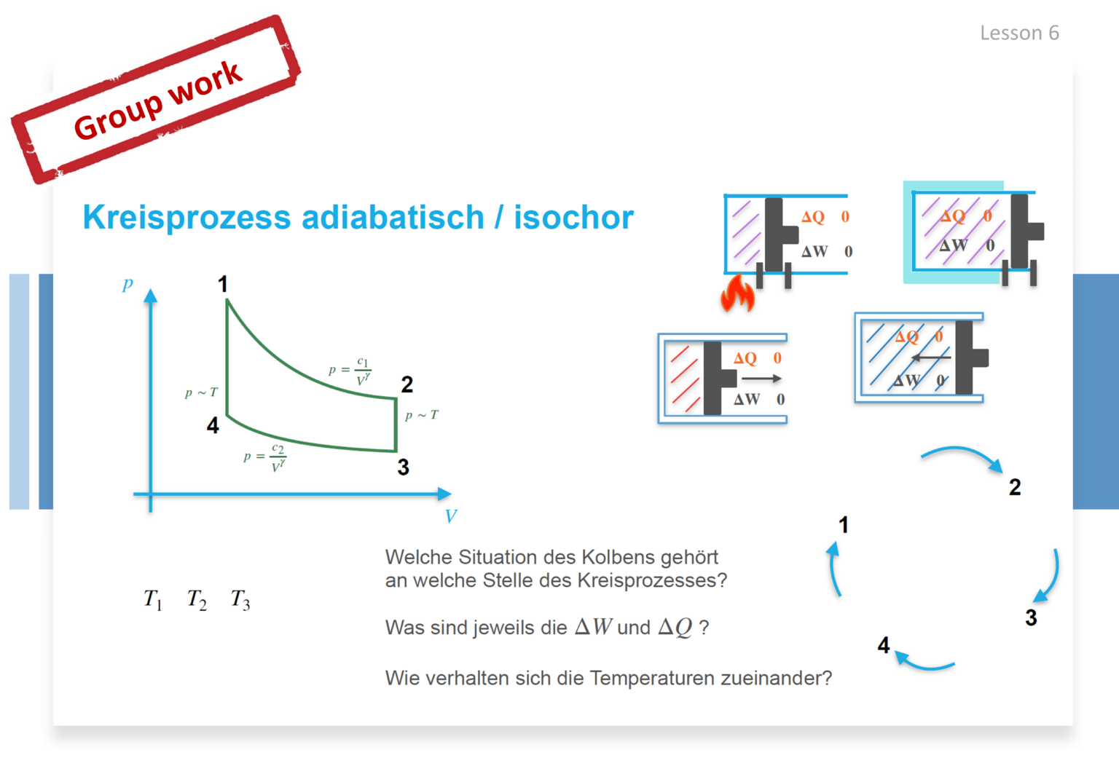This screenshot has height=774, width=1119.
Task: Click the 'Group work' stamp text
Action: pos(158,100)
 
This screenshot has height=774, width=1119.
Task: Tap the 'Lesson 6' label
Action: pos(1019,33)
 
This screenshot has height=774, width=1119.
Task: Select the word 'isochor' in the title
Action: pos(574,218)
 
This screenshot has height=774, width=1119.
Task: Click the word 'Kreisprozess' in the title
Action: pos(186,218)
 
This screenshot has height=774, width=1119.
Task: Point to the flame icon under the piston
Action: pos(737,293)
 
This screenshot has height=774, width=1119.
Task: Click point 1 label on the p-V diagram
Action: pos(223,284)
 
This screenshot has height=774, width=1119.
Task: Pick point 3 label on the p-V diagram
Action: pos(403,467)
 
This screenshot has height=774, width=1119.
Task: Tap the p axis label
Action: pos(127,284)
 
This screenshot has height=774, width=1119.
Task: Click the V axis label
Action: pos(451,516)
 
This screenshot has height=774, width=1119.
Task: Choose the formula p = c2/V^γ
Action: pos(264,458)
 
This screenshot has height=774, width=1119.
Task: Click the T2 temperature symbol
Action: pos(197,600)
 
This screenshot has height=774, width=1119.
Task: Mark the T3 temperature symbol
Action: pos(240,600)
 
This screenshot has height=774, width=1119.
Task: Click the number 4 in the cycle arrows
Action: pos(884,645)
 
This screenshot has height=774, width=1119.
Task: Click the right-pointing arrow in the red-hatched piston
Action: pos(761,379)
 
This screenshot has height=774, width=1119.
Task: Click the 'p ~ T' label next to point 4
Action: pos(201,392)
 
